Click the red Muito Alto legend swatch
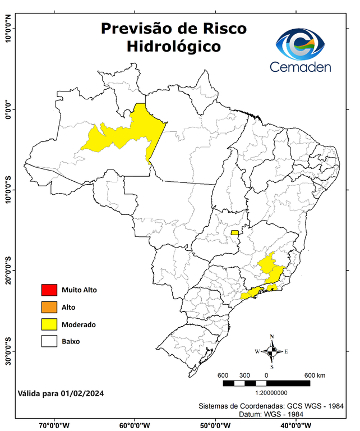pos(49,290)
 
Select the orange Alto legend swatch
pos(49,307)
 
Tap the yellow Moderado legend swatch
pos(49,324)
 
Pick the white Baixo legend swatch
pos(49,341)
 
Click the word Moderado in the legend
pos(79,324)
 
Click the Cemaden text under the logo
pos(301,67)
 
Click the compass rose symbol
pos(272,351)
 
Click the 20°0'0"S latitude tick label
pos(8,270)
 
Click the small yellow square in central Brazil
pos(234,232)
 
